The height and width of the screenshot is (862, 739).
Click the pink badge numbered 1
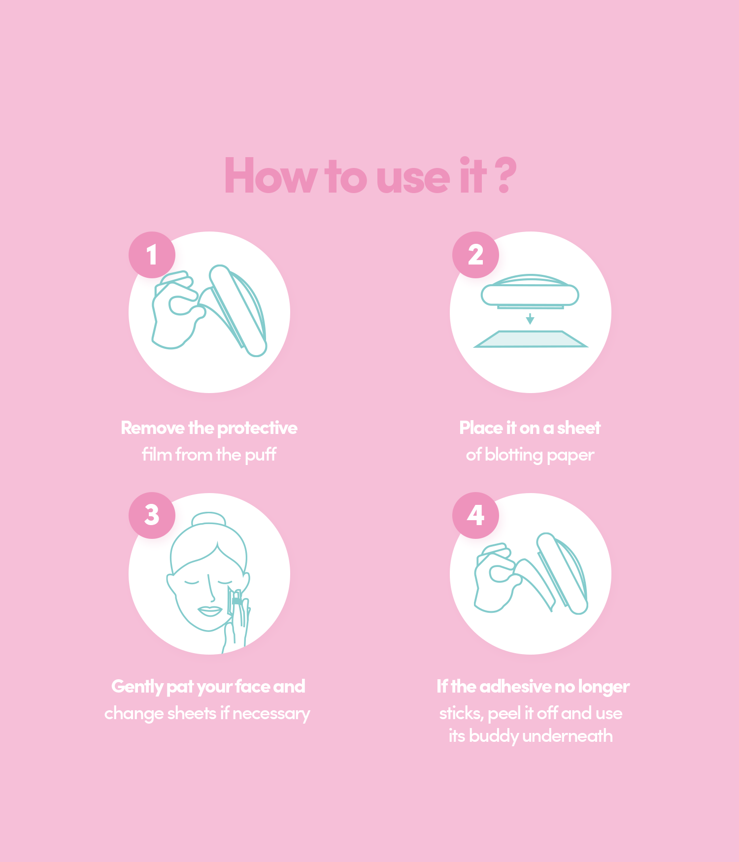[152, 255]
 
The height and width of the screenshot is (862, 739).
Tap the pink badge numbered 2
[475, 255]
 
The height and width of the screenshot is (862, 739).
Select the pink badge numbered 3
[152, 515]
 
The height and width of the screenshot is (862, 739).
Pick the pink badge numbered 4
[475, 515]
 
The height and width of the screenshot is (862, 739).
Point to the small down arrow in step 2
[530, 318]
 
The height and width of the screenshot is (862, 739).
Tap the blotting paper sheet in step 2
[531, 339]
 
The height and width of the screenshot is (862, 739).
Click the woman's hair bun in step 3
[209, 520]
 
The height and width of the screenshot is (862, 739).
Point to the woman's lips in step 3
[210, 611]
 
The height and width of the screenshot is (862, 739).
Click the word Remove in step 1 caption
[153, 428]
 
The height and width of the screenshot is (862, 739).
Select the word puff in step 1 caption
[261, 455]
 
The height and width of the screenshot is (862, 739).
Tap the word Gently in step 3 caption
[137, 687]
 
